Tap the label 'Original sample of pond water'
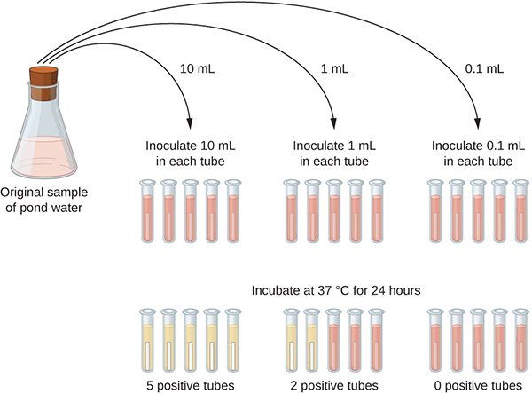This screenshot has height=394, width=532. pyautogui.click(x=45, y=201)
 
